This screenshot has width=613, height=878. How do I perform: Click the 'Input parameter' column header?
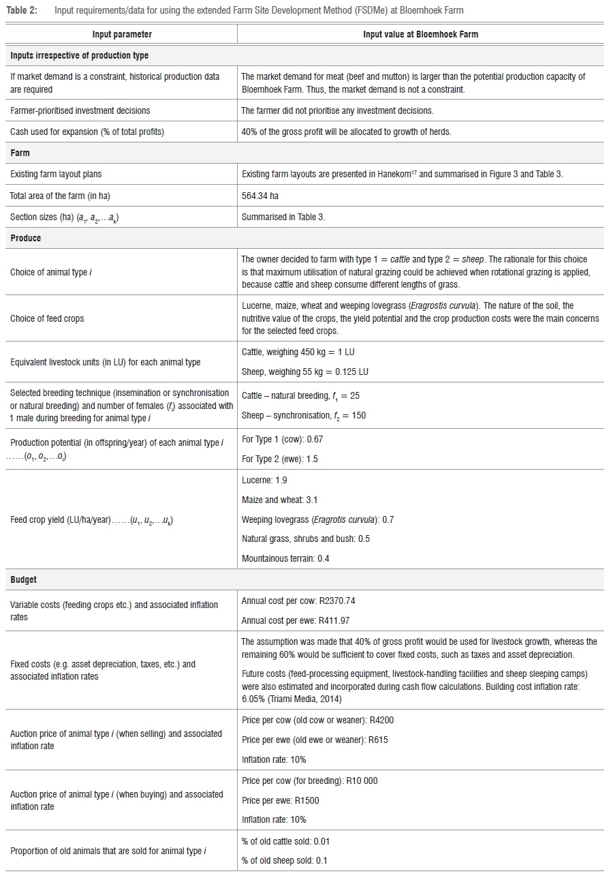tap(122, 34)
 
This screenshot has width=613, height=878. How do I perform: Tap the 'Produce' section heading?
tap(26, 238)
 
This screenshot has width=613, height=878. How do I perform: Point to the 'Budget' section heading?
tap(24, 579)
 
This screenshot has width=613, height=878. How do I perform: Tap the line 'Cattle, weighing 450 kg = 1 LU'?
tap(298, 352)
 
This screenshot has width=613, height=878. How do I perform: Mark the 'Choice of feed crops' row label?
tap(47, 318)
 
